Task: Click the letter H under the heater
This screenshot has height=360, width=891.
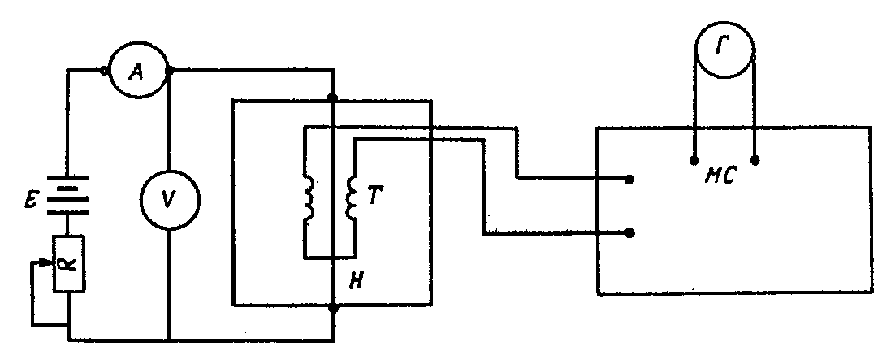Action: (356, 281)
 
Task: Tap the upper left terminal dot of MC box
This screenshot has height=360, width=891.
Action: (631, 178)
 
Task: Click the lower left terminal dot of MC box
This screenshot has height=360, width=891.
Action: (631, 233)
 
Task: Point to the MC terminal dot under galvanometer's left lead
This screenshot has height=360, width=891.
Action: (694, 160)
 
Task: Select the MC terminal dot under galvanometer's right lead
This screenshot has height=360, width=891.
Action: (755, 160)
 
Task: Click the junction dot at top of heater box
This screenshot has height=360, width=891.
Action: (333, 99)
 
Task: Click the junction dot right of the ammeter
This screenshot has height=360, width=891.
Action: (169, 72)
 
